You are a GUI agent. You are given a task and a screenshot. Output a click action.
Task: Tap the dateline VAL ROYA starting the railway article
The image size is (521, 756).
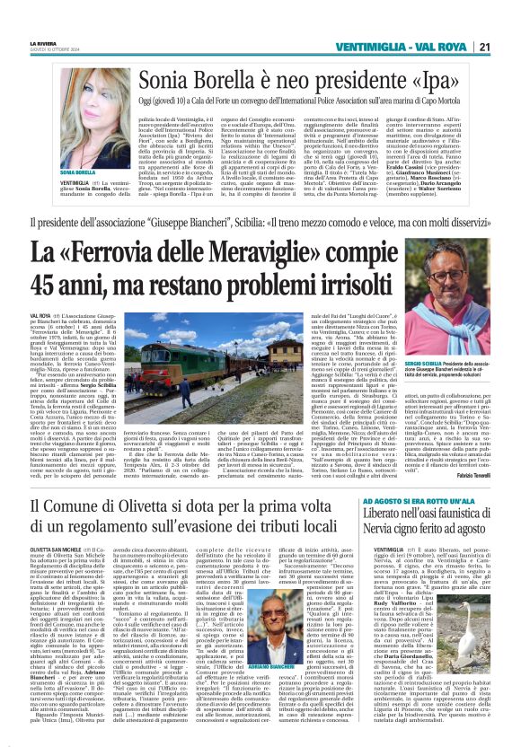coord(40,317)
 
